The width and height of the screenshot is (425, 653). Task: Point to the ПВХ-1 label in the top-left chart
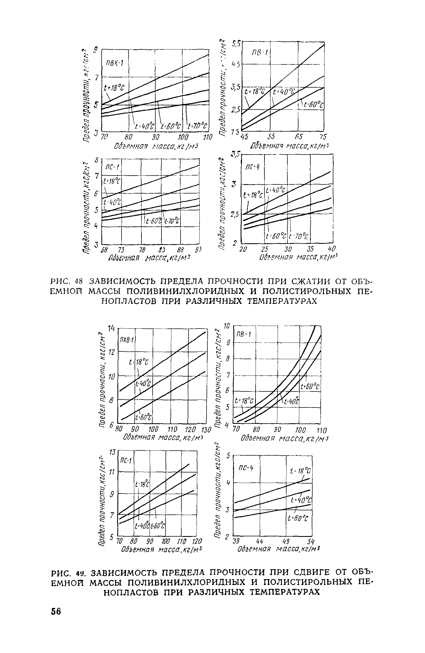point(113,63)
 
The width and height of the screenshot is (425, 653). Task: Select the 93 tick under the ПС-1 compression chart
point(199,250)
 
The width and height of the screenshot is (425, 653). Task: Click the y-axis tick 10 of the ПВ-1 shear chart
point(227,326)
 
